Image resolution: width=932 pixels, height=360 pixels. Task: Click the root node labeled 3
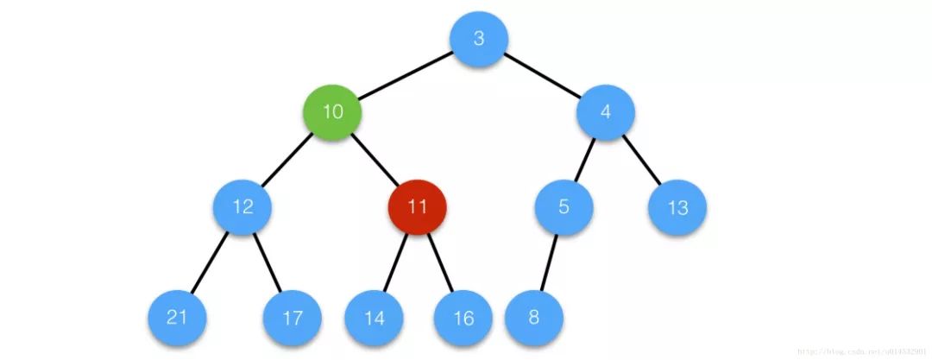pyautogui.click(x=478, y=39)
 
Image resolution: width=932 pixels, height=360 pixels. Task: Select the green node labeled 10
pyautogui.click(x=331, y=112)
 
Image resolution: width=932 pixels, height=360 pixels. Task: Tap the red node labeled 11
pyautogui.click(x=417, y=207)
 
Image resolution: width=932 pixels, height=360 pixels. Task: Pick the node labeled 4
pyautogui.click(x=606, y=112)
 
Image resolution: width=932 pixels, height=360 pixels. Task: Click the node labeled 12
pyautogui.click(x=243, y=207)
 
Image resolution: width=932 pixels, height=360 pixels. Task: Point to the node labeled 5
pyautogui.click(x=564, y=207)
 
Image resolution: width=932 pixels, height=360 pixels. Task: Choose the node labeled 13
pyautogui.click(x=678, y=208)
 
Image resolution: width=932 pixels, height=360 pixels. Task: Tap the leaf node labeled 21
pyautogui.click(x=177, y=317)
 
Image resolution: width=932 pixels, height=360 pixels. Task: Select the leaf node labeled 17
pyautogui.click(x=292, y=318)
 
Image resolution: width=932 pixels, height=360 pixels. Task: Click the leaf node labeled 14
pyautogui.click(x=374, y=318)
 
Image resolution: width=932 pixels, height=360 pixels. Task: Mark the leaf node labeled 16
pyautogui.click(x=463, y=318)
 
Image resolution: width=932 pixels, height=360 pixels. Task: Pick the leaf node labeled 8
pyautogui.click(x=533, y=317)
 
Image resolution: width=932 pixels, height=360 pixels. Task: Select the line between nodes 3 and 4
pyautogui.click(x=542, y=76)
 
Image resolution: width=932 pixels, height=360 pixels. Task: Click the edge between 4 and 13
pyautogui.click(x=642, y=160)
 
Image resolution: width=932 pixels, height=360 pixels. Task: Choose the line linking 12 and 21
pyautogui.click(x=211, y=262)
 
